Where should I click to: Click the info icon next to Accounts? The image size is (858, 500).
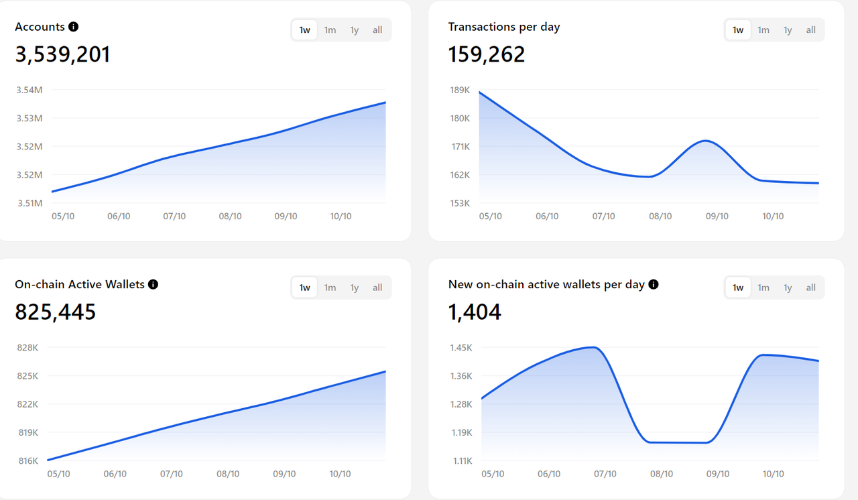click(74, 27)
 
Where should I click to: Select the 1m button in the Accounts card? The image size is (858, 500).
click(330, 30)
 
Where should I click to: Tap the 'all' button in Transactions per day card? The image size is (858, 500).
click(810, 30)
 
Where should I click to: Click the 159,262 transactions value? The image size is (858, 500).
click(487, 54)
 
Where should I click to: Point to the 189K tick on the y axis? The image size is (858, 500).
click(460, 90)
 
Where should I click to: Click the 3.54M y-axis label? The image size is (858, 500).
click(29, 90)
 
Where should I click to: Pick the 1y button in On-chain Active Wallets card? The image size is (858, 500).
click(354, 288)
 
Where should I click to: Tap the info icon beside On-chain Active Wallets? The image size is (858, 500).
click(153, 284)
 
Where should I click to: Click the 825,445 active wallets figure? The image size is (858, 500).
click(56, 312)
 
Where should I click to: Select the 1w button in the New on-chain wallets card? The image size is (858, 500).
click(738, 288)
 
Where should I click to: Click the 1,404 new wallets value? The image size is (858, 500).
click(475, 312)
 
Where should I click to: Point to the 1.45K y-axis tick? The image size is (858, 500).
click(461, 347)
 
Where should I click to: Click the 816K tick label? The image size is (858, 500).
click(28, 460)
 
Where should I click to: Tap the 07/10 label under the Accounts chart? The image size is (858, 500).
click(174, 216)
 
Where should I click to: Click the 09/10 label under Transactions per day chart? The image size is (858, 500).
click(717, 216)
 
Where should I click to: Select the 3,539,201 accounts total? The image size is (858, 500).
click(62, 54)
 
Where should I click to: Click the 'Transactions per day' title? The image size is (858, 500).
click(504, 27)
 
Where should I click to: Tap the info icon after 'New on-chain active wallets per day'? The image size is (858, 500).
click(654, 284)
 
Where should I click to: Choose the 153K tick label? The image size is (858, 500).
click(460, 203)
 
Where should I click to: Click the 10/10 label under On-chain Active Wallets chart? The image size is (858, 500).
click(341, 474)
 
